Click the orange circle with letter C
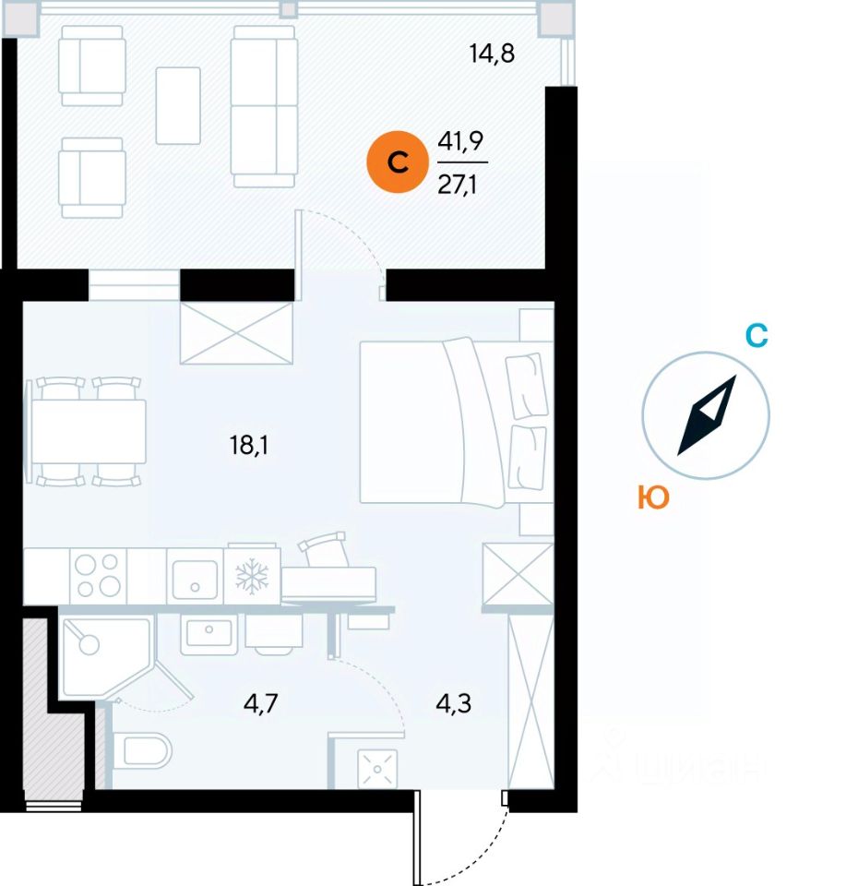[398, 163]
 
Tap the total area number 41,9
[461, 141]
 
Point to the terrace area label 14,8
[491, 53]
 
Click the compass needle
[707, 415]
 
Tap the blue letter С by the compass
[757, 337]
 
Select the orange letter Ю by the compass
[652, 498]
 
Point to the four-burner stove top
[97, 576]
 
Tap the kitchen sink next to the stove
[195, 577]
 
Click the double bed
[434, 422]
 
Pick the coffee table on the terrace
[178, 105]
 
